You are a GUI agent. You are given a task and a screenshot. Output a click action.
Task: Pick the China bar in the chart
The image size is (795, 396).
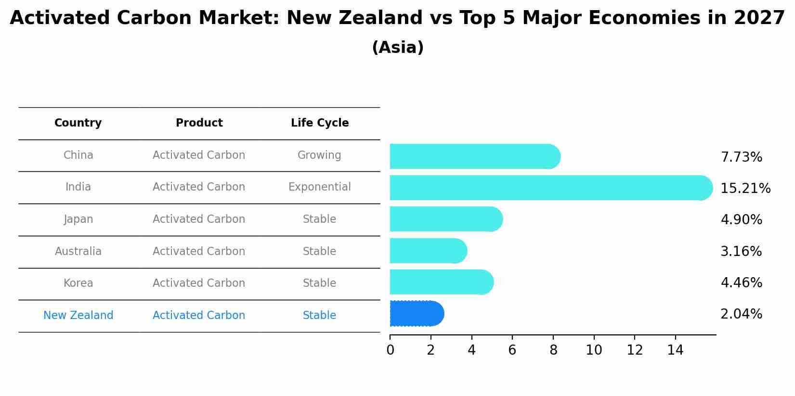[475, 156]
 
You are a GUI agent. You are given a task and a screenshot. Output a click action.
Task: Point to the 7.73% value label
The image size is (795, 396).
[741, 157]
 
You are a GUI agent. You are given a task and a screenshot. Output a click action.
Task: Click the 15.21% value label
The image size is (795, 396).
[745, 189]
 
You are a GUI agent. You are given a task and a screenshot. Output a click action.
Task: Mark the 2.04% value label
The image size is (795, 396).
[741, 314]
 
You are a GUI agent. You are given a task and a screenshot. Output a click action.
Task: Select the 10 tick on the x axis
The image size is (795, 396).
[594, 350]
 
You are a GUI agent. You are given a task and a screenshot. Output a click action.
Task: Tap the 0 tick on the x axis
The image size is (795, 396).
[390, 350]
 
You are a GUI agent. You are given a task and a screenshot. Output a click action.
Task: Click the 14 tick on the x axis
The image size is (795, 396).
[675, 350]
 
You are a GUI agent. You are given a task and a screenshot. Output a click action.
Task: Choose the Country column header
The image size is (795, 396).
[78, 123]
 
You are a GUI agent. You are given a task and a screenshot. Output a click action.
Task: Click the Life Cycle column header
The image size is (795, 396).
[320, 123]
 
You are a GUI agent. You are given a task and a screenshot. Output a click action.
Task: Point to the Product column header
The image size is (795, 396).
[199, 123]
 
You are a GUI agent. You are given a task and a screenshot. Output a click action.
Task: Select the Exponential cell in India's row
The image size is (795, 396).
[320, 187]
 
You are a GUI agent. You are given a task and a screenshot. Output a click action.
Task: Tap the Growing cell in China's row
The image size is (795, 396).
[319, 155]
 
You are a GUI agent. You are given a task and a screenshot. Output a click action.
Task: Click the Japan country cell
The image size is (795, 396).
[78, 219]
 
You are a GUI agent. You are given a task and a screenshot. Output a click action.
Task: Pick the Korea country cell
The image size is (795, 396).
[78, 283]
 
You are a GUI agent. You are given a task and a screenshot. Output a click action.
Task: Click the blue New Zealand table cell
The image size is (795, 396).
[78, 316]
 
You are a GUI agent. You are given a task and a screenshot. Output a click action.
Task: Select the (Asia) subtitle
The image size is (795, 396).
[398, 48]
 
